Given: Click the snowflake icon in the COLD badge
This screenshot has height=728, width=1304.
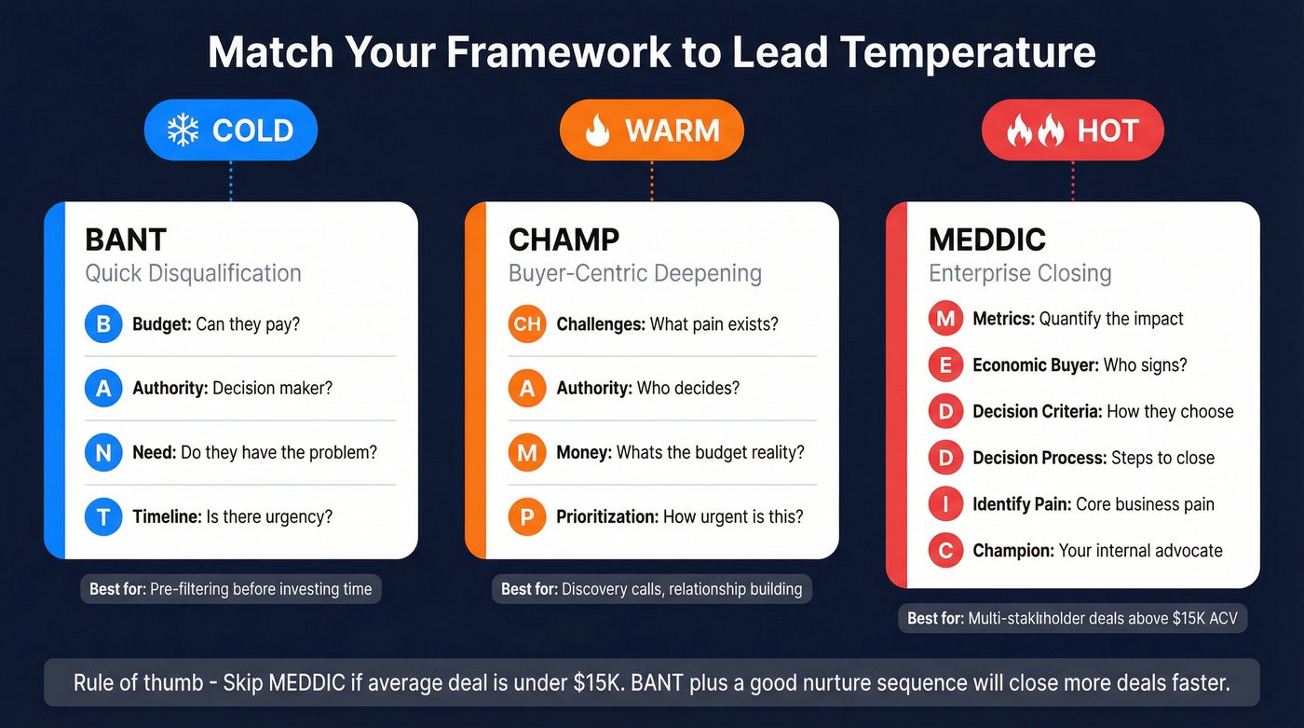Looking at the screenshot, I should [x=183, y=130].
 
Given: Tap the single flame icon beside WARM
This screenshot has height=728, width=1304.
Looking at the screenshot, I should [x=596, y=130].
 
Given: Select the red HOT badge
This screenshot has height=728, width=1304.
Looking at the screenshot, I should [x=1073, y=130].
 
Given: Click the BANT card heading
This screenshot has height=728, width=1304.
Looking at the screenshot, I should [x=126, y=240].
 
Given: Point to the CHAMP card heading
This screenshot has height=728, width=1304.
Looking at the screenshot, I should [x=564, y=240].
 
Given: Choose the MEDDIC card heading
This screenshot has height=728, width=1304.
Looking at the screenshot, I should [x=986, y=240].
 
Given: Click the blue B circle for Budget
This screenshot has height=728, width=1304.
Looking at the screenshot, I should [x=103, y=324].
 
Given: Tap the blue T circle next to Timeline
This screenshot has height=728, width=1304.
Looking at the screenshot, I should [x=103, y=516].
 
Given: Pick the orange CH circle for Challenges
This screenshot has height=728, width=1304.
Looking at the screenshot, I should [x=527, y=324].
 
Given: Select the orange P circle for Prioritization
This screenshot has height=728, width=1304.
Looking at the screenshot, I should [x=527, y=516].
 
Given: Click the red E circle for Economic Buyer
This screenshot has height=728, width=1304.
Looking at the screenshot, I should [x=945, y=365].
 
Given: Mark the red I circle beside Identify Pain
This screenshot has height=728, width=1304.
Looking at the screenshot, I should [x=945, y=504].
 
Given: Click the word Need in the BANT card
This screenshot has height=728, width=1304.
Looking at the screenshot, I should [x=154, y=452].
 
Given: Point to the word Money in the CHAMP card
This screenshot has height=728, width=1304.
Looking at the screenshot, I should [x=583, y=452].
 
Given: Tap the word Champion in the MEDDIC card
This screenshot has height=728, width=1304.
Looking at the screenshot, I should [x=1012, y=551].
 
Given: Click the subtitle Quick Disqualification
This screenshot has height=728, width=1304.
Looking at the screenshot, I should [x=193, y=273].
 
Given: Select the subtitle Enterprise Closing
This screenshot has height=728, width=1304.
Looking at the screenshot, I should [x=1020, y=273].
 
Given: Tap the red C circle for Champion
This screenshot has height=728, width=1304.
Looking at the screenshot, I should [x=945, y=551].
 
